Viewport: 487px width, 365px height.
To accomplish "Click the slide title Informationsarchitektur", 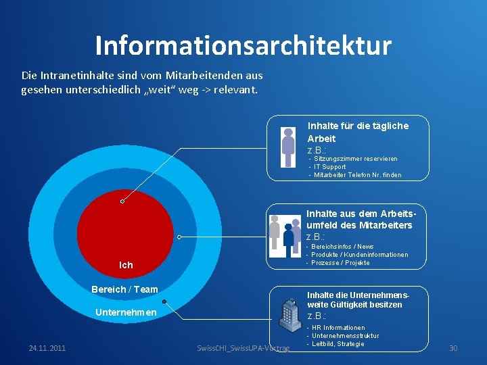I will coord(243,45).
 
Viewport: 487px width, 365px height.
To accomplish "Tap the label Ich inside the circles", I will coord(126,265).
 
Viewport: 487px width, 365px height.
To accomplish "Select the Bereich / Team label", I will coord(124,289).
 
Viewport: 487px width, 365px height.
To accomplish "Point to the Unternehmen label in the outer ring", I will coord(126,312).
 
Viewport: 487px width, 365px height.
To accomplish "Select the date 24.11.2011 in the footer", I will coord(47,348).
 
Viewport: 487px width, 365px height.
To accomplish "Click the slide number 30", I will coord(453,348).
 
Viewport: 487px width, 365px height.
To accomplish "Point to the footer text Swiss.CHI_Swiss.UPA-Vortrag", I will coord(243,348).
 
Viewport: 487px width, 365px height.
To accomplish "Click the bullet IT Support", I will coord(329,167).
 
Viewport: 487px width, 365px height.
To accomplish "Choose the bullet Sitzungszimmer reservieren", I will coord(355,159).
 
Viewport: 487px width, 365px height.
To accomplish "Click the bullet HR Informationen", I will coord(338,328).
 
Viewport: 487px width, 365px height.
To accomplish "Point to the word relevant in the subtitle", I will coord(235,89).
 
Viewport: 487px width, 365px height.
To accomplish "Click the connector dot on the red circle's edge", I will coord(122,201).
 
